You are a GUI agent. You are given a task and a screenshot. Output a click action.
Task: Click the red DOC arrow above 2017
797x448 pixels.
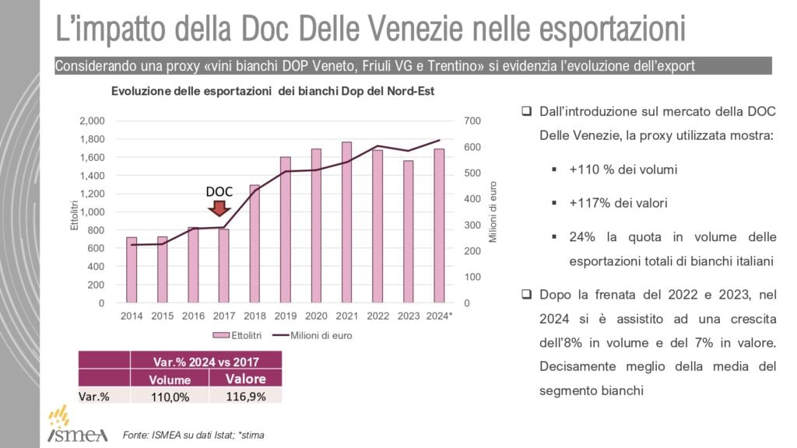coord(219,208)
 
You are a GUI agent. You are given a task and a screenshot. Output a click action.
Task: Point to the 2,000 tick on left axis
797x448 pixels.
coord(92,121)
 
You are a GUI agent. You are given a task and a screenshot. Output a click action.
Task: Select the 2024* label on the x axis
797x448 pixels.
coord(439,316)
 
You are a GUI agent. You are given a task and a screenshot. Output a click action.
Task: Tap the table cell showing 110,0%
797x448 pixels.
coord(170,396)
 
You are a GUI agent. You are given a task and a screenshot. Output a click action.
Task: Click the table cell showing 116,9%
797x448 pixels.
coord(245,396)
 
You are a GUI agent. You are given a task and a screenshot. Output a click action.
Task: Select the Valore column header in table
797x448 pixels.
coord(245,379)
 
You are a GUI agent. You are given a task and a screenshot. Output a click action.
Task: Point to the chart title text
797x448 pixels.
coord(272,91)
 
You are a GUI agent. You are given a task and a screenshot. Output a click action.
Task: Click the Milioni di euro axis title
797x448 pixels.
coord(493,212)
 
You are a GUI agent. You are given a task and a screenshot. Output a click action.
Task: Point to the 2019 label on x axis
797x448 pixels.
coord(285,316)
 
